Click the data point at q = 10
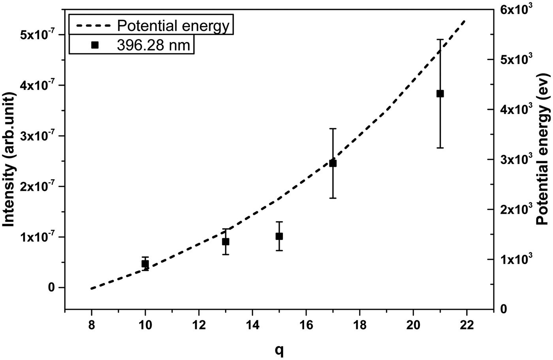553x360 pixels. pyautogui.click(x=145, y=264)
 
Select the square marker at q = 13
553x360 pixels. pyautogui.click(x=226, y=242)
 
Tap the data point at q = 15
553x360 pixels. pyautogui.click(x=279, y=236)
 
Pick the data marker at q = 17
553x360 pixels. pyautogui.click(x=333, y=163)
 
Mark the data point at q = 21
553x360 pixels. pyautogui.click(x=440, y=94)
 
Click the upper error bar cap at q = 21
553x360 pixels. pyautogui.click(x=440, y=39)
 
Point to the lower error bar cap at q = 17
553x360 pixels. pyautogui.click(x=333, y=198)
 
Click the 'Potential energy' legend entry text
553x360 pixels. pyautogui.click(x=173, y=26)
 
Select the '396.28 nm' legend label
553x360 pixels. pyautogui.click(x=153, y=45)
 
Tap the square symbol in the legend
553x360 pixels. pyautogui.click(x=94, y=45)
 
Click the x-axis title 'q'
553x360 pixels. pyautogui.click(x=279, y=350)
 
